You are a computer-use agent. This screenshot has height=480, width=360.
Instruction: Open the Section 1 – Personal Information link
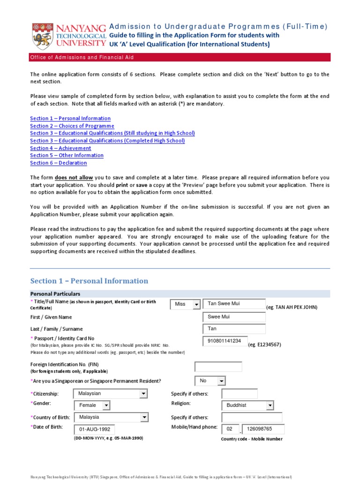click(x=70, y=119)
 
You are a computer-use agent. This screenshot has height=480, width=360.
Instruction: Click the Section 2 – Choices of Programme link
click(x=72, y=126)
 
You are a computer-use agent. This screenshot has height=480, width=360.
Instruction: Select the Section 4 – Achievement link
click(x=60, y=148)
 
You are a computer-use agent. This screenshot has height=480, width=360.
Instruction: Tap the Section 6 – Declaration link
click(x=58, y=163)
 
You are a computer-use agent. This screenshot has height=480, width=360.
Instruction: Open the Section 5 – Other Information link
click(x=67, y=156)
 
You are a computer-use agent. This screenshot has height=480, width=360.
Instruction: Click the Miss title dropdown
click(x=185, y=304)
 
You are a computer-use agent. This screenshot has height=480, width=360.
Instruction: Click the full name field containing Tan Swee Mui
click(x=234, y=304)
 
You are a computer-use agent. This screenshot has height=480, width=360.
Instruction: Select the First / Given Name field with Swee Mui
click(x=234, y=317)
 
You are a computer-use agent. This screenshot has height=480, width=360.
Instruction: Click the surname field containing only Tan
click(x=234, y=329)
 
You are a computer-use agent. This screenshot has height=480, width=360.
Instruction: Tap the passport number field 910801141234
click(x=225, y=341)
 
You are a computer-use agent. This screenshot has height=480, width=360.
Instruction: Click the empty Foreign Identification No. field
click(x=218, y=367)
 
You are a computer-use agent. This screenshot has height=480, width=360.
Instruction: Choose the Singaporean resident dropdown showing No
click(x=210, y=381)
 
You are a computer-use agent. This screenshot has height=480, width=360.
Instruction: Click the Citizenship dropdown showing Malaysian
click(x=111, y=394)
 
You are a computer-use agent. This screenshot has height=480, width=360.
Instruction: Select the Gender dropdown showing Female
click(x=92, y=405)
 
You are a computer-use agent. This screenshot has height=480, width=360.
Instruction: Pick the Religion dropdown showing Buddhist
click(x=247, y=405)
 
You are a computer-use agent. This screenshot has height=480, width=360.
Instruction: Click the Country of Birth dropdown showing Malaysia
click(x=111, y=417)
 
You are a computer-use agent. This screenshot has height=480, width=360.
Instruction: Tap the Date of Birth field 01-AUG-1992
click(x=94, y=429)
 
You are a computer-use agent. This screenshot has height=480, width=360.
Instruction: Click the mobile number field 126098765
click(x=263, y=429)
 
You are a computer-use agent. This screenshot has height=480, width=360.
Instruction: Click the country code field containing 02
click(x=230, y=429)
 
